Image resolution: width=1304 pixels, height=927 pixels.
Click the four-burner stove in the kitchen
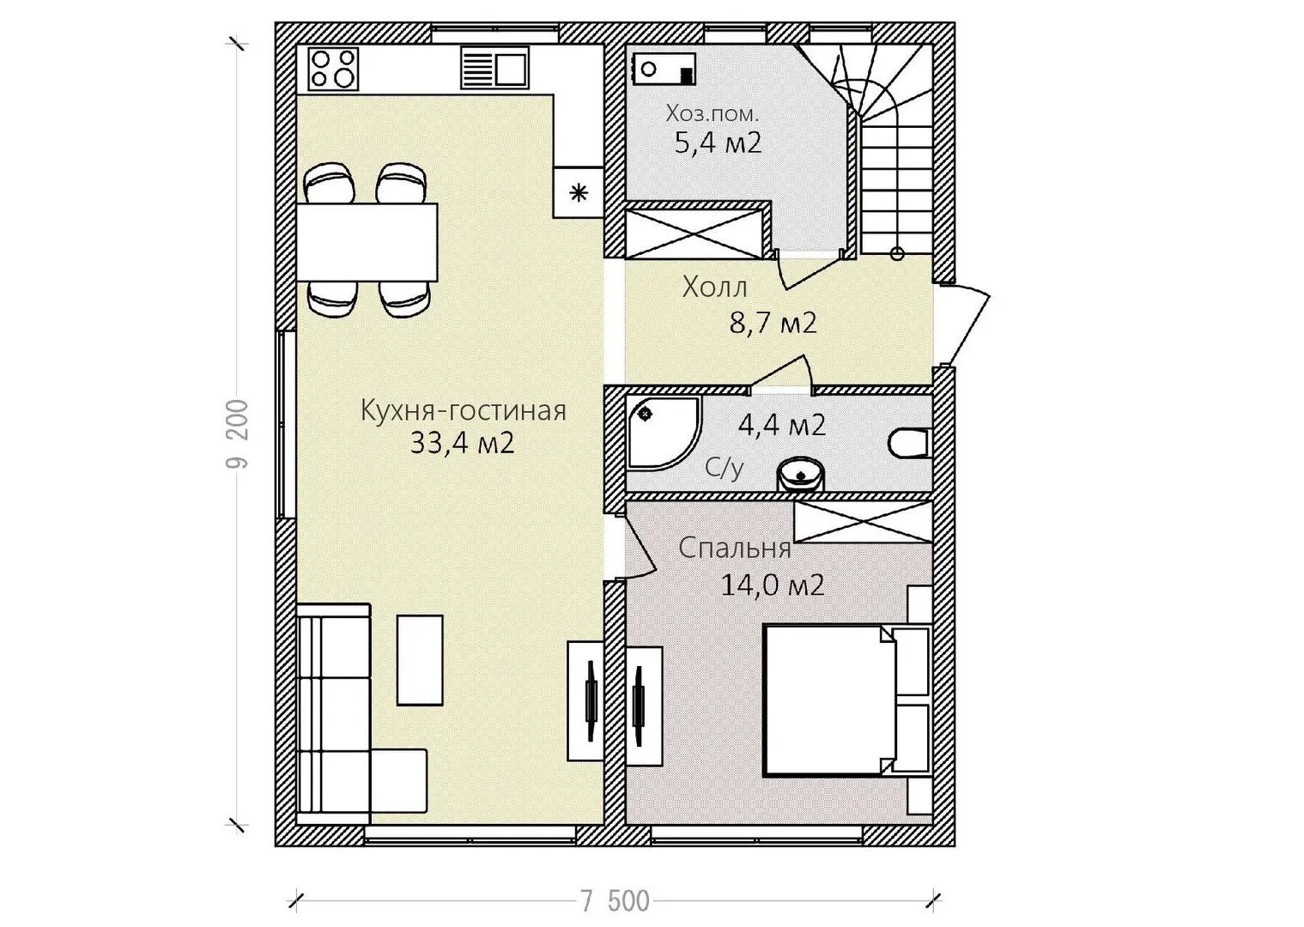[x=332, y=69]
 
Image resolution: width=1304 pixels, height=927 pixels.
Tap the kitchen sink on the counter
[x=494, y=68]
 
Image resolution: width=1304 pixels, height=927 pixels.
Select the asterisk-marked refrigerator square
[x=578, y=192]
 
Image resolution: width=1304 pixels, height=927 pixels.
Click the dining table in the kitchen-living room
[x=367, y=241]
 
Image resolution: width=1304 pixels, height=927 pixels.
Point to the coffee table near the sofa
[x=420, y=660]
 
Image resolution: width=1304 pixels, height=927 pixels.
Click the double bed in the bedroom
[x=846, y=700]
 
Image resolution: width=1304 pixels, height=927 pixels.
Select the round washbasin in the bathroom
[x=801, y=475]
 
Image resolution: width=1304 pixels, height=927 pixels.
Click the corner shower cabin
[x=664, y=433]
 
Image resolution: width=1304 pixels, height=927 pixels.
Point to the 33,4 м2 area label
[x=462, y=443]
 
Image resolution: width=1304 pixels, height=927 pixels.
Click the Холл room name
[x=714, y=288]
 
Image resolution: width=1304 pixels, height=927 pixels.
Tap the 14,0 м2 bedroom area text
[x=772, y=585]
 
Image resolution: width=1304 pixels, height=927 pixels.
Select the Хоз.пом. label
[x=712, y=113]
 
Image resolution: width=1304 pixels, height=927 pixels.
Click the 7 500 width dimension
[x=615, y=901]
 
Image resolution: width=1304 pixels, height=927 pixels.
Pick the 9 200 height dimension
[x=238, y=434]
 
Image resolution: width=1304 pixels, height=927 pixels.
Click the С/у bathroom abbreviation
[x=724, y=467]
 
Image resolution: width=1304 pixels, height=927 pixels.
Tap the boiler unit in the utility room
[x=664, y=69]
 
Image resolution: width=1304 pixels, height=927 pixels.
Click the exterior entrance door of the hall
[x=961, y=323]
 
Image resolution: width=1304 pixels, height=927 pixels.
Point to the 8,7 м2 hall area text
[x=773, y=323]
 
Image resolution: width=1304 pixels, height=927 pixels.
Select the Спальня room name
[x=735, y=548]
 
